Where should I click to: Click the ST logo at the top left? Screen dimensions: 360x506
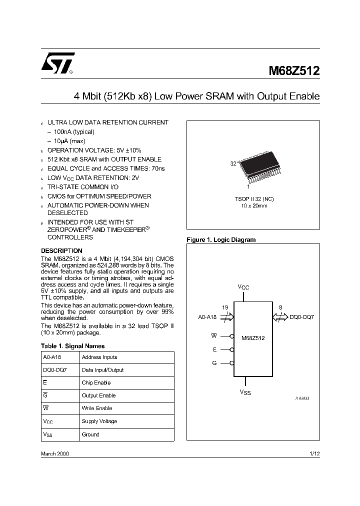[58, 63]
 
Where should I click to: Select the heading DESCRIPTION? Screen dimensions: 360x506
[61, 250]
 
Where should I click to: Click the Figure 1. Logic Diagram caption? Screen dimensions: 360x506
[221, 240]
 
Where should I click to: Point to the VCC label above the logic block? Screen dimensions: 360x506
[243, 287]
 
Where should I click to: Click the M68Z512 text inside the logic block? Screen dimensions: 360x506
[253, 338]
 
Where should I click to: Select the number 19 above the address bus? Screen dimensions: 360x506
[225, 307]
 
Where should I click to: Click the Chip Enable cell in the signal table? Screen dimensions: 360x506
[96, 382]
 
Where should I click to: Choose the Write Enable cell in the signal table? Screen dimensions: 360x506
[97, 408]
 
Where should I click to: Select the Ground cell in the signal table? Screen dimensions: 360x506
[90, 434]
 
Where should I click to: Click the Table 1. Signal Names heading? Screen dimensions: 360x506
[72, 345]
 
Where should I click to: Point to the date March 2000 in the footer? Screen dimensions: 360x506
[54, 453]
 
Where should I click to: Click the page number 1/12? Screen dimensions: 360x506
[314, 453]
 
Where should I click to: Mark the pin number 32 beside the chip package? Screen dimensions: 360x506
[233, 163]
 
